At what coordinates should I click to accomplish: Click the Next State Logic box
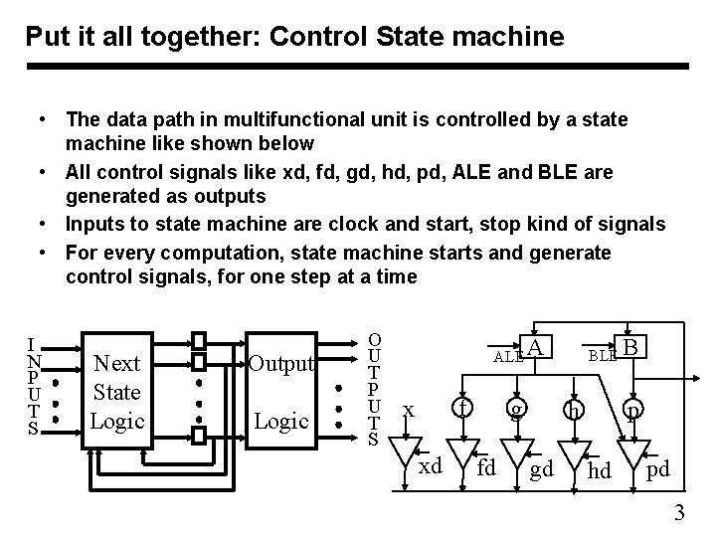[x=116, y=391]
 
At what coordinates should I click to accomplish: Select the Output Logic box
[x=281, y=391]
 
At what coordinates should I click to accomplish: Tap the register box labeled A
[x=536, y=346]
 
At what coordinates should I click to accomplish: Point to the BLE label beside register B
[x=603, y=354]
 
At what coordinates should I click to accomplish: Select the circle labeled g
[x=514, y=409]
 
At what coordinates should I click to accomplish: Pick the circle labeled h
[x=572, y=411]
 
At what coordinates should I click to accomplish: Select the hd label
[x=600, y=468]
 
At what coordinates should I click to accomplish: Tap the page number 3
[x=679, y=513]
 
